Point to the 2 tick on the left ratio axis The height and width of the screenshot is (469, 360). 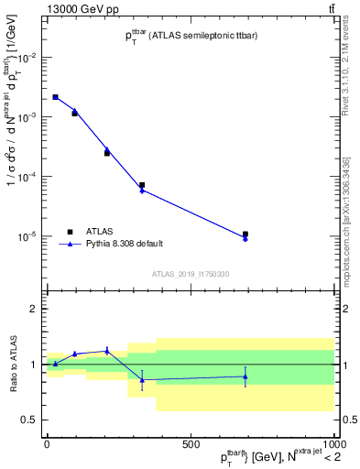pyautogui.click(x=35, y=310)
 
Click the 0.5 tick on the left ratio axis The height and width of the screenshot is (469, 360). pyautogui.click(x=31, y=420)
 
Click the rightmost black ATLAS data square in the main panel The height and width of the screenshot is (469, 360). pyautogui.click(x=245, y=234)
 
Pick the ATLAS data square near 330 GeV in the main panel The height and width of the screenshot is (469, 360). pyautogui.click(x=142, y=185)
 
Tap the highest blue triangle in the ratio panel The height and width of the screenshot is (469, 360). pyautogui.click(x=107, y=350)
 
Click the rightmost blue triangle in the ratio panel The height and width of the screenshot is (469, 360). pyautogui.click(x=245, y=376)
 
